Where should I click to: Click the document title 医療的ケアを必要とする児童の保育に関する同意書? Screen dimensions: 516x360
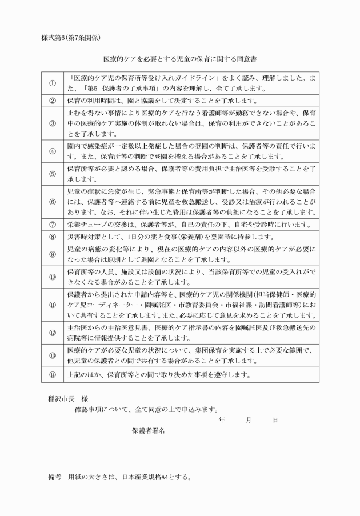click(x=179, y=58)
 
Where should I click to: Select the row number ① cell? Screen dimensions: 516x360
click(x=52, y=83)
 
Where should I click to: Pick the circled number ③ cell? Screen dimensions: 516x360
click(x=52, y=123)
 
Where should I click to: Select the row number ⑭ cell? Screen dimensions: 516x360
click(x=52, y=375)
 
